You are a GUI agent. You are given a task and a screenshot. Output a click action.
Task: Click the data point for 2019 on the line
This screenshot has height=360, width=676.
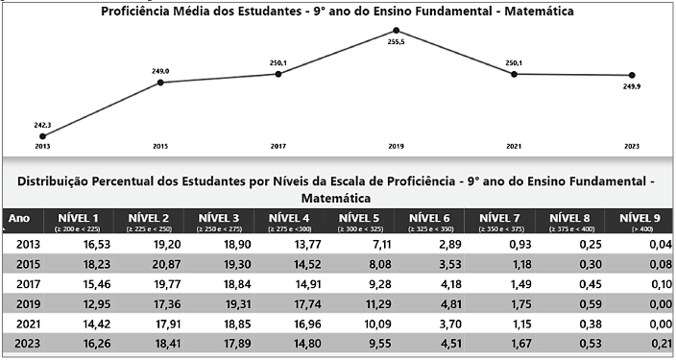[397, 30]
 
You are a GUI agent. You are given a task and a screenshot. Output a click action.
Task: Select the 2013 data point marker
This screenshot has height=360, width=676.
[42, 136]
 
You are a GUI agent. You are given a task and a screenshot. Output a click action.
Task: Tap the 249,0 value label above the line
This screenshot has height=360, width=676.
[160, 72]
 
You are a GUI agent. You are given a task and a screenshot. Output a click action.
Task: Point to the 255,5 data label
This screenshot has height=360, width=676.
[397, 42]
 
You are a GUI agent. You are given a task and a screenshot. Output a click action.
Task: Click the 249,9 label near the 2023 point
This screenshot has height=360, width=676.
[632, 86]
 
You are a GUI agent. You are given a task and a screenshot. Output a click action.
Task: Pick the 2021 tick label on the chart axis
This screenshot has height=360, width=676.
[514, 147]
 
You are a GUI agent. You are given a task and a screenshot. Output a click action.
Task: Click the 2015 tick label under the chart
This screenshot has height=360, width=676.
[160, 147]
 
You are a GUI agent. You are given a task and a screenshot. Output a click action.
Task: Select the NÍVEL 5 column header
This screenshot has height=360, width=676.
[359, 221]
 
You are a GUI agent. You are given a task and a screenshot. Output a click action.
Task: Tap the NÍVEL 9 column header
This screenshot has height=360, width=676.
[640, 221]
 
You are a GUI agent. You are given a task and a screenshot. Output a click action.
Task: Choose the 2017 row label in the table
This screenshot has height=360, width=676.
[28, 284]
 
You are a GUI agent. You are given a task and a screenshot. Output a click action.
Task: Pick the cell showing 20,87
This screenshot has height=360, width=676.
[166, 264]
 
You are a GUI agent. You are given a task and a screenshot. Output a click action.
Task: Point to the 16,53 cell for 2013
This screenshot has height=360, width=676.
[97, 245]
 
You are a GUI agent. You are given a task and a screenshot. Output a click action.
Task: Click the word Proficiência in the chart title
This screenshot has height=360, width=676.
[133, 12]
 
